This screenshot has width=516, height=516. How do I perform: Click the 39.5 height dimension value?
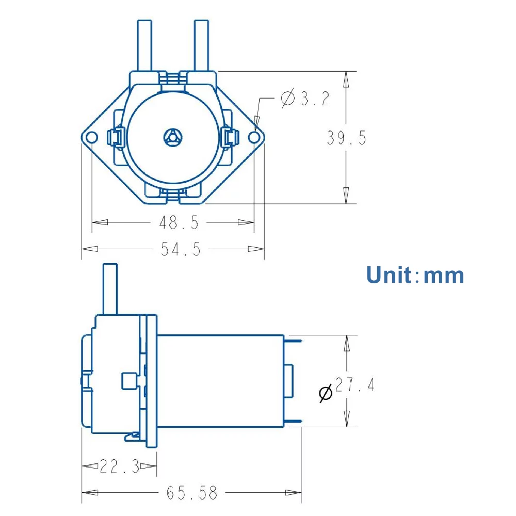pos(346,138)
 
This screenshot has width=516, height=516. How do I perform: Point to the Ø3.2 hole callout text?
pos(305,98)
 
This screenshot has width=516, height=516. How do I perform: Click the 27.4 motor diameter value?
pos(354,385)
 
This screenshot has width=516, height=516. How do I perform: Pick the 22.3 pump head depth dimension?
pos(119,467)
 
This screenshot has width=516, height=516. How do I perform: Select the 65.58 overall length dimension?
pos(191,493)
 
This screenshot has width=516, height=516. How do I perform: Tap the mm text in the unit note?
pos(443,276)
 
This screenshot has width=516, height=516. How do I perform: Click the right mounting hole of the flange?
pos(254,137)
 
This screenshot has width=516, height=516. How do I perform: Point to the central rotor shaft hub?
pos(172,137)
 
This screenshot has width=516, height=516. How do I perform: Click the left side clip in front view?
pos(115,137)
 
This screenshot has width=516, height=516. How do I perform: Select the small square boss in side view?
pos(128,382)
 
